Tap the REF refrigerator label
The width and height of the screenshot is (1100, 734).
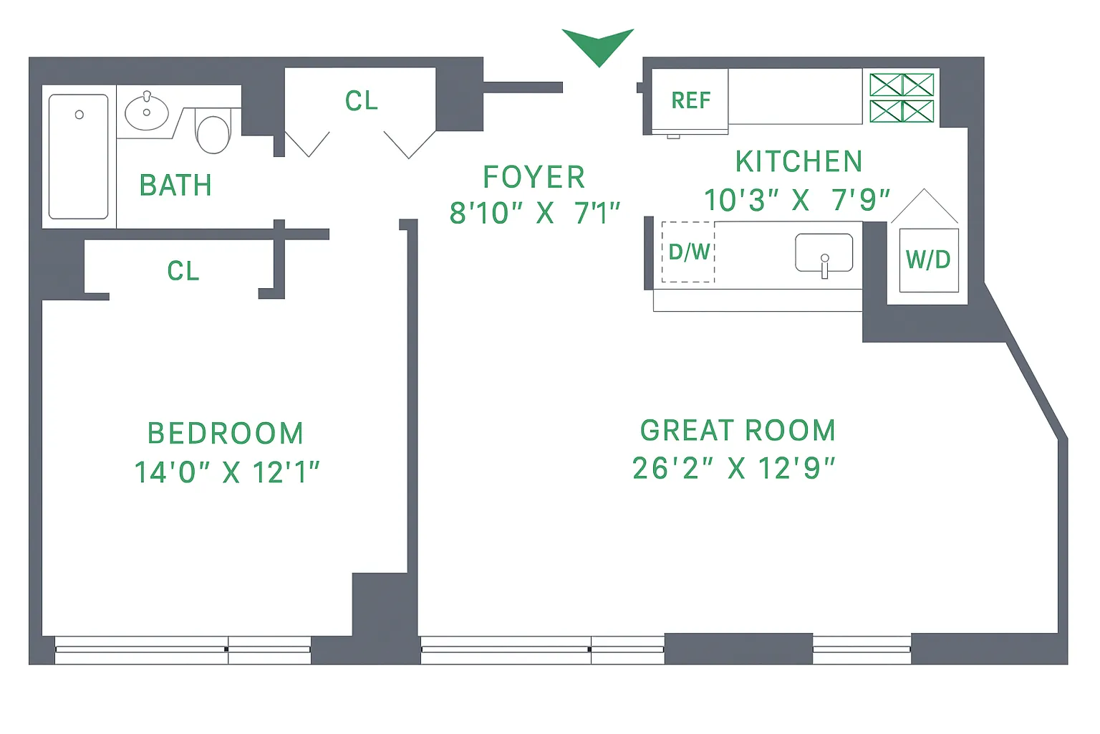coord(690,100)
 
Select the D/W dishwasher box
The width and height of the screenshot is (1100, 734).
coord(688,252)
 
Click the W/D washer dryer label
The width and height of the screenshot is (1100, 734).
coord(928,259)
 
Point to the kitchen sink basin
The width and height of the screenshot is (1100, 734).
coord(824,253)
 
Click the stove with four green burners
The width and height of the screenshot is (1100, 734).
coord(902,98)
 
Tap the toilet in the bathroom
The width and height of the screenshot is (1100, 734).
coord(213,133)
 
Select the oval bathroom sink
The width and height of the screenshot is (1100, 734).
coord(147,113)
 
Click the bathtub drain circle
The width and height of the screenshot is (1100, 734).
coord(79,115)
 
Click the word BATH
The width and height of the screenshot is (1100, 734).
coord(175,186)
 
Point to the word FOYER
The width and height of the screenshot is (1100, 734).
coord(534,177)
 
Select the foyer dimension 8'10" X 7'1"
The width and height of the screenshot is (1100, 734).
coord(534,213)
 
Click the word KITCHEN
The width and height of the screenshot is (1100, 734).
coord(799,162)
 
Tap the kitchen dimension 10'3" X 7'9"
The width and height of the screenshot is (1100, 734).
coord(796,201)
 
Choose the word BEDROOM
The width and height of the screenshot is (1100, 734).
coord(226,434)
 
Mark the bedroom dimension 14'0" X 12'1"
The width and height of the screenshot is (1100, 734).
coord(226,472)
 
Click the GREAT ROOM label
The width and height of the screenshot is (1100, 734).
coord(738,431)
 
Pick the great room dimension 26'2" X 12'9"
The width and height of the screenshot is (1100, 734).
coord(733,469)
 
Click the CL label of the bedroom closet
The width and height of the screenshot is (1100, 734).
coord(183,271)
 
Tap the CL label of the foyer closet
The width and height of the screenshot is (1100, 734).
coord(361,101)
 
